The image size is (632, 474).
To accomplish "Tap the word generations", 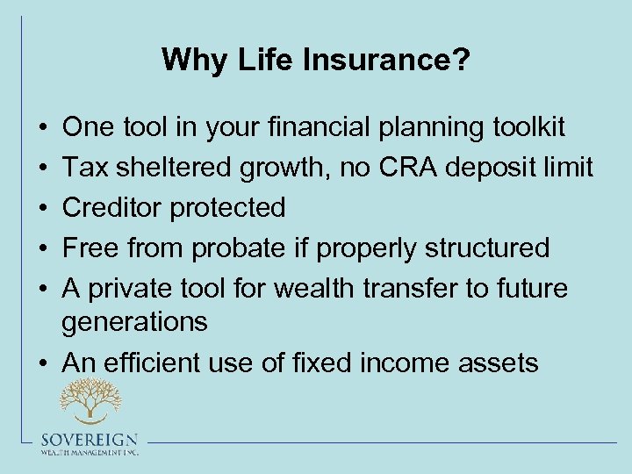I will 134,322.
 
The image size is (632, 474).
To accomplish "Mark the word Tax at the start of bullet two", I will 83,168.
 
